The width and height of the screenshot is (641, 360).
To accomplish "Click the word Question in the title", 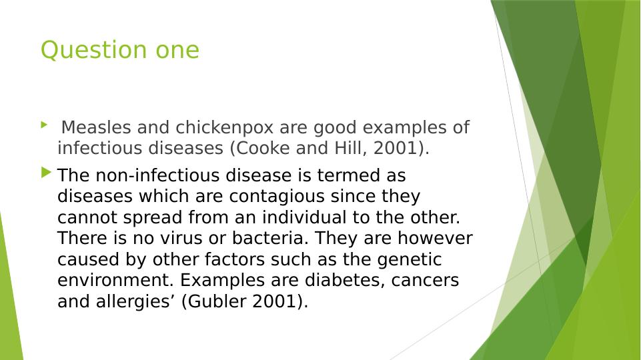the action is pos(93,50).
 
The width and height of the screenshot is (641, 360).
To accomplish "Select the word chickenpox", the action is pos(224,128).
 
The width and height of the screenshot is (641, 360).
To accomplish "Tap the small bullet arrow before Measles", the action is pos(44,125).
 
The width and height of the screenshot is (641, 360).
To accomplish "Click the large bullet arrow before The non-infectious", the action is pos(46,173).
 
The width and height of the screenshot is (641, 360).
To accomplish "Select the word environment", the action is pos(115,280).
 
